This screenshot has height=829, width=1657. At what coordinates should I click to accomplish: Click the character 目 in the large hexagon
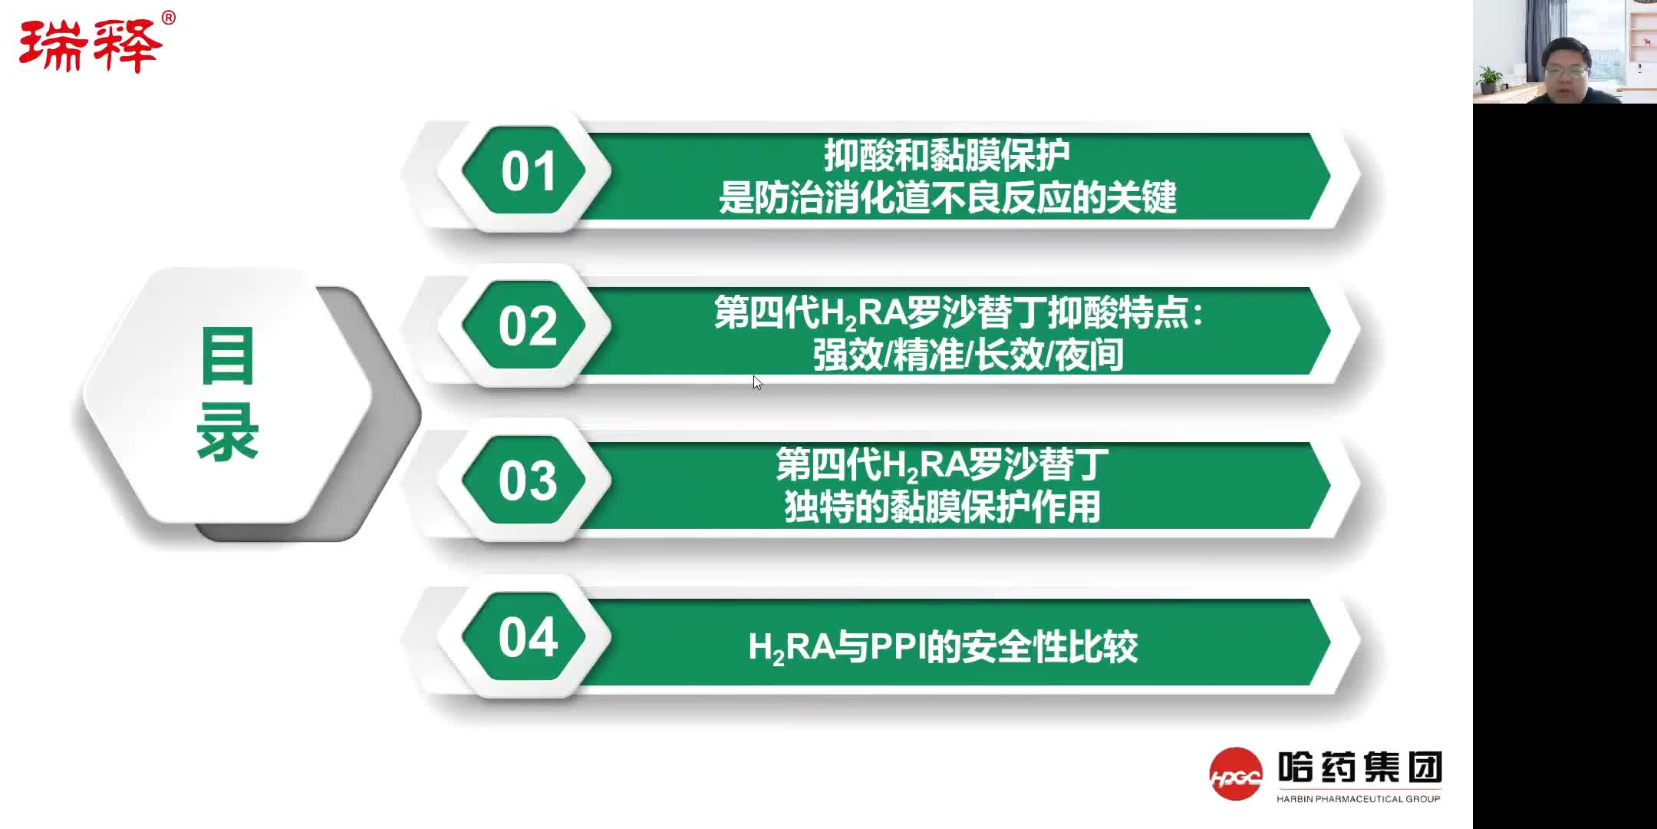(227, 356)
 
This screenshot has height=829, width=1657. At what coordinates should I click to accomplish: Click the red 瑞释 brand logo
(90, 46)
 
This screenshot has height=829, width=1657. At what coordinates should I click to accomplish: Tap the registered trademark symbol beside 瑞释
(169, 18)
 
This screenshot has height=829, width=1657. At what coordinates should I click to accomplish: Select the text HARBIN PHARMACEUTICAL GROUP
(1358, 799)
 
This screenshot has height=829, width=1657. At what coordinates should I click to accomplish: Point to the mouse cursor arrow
(756, 382)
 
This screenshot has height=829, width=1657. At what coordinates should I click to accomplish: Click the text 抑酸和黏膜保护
(947, 156)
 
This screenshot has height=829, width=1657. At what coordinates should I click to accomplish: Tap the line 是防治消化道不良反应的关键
(947, 198)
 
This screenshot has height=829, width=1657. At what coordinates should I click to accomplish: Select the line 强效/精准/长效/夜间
(968, 355)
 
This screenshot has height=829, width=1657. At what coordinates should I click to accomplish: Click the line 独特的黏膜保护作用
(942, 507)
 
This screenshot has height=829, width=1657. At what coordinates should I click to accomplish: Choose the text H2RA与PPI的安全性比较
(942, 647)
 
